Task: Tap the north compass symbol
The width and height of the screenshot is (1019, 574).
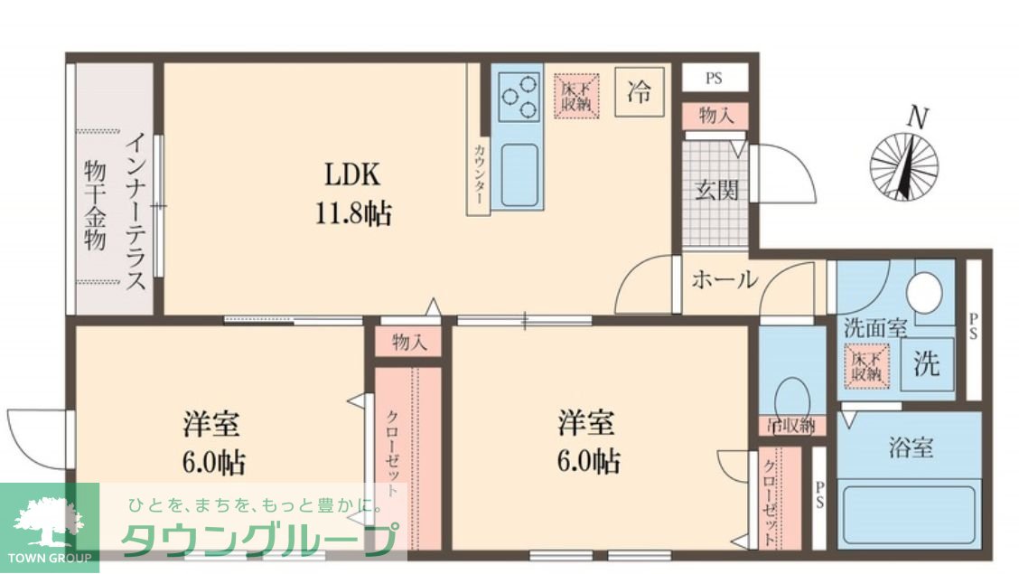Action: click(x=903, y=165)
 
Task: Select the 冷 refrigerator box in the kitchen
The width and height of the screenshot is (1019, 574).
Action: click(x=639, y=92)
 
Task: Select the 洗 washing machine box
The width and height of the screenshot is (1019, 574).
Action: click(x=925, y=363)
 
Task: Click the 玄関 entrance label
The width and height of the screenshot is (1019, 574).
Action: click(x=715, y=191)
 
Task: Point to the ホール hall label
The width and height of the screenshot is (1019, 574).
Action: click(x=724, y=280)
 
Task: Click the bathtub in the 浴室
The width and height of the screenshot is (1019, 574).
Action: click(x=908, y=514)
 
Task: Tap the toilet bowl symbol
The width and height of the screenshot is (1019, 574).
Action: click(x=791, y=395)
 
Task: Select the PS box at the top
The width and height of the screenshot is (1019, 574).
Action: click(x=714, y=78)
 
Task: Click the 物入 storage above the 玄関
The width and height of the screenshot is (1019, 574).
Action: click(x=715, y=116)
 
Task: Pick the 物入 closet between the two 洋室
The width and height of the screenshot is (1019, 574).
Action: click(x=408, y=342)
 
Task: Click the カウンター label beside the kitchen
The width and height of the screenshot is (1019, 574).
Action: click(x=478, y=172)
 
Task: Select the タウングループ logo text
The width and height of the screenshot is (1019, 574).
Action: click(x=257, y=540)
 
